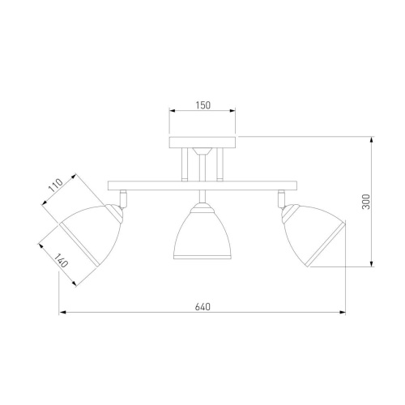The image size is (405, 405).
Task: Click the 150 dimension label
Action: [203, 105]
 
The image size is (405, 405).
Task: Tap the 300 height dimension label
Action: [366, 202]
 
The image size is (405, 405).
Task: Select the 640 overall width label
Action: [202, 307]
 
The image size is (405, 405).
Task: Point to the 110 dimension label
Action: [56, 185]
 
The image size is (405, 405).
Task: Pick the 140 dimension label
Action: [61, 260]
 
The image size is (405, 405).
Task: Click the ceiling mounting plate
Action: [202, 143]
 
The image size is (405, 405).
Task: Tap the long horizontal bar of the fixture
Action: [202, 185]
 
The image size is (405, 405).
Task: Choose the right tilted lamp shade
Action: [313, 234]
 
